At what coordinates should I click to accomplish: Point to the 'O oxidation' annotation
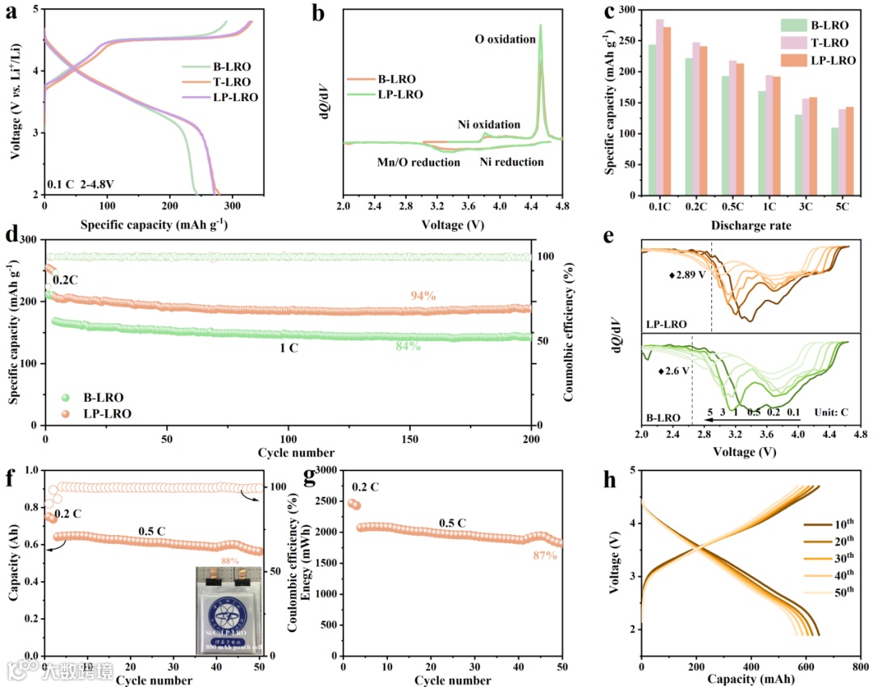point(505,40)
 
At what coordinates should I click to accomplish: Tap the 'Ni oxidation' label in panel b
point(489,124)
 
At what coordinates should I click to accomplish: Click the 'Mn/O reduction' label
point(418,162)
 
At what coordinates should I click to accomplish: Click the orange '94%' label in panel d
point(424,296)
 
